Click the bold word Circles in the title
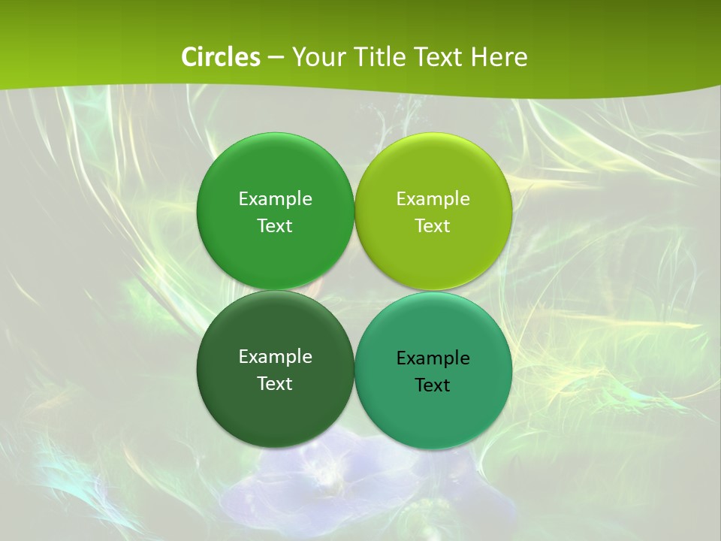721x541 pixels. pyautogui.click(x=221, y=57)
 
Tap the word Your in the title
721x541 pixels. pyautogui.click(x=315, y=57)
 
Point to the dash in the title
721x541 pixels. pyautogui.click(x=276, y=57)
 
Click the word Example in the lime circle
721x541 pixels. pyautogui.click(x=433, y=199)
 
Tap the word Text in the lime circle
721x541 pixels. pyautogui.click(x=433, y=226)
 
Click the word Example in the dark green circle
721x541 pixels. pyautogui.click(x=275, y=357)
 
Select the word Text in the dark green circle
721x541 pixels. pyautogui.click(x=275, y=384)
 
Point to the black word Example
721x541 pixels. pyautogui.click(x=433, y=358)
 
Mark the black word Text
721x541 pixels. pyautogui.click(x=433, y=385)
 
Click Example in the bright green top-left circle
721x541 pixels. pyautogui.click(x=275, y=199)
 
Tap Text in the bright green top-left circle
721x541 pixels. pyautogui.click(x=275, y=226)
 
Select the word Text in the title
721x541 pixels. pyautogui.click(x=439, y=57)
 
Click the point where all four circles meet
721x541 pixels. pyautogui.click(x=354, y=291)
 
